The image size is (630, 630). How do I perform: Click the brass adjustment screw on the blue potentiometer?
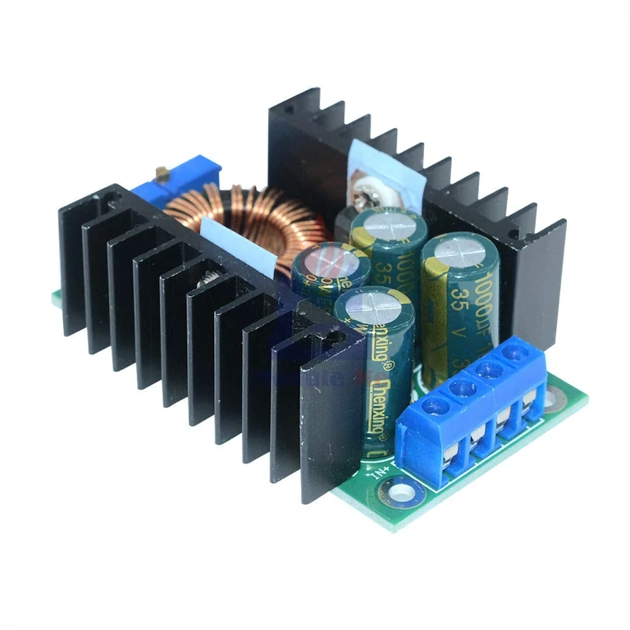(x=162, y=173)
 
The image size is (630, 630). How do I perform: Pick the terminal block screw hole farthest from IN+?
(x=514, y=353)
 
